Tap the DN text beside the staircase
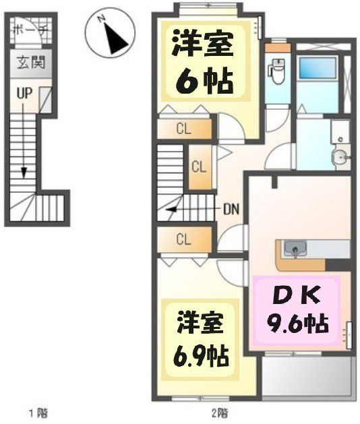click(x=232, y=208)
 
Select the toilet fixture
click(x=276, y=70)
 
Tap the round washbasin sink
click(x=340, y=158)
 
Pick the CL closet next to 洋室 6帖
click(x=183, y=128)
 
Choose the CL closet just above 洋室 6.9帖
click(x=183, y=239)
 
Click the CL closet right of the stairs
click(x=199, y=166)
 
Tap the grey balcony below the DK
click(x=307, y=377)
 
